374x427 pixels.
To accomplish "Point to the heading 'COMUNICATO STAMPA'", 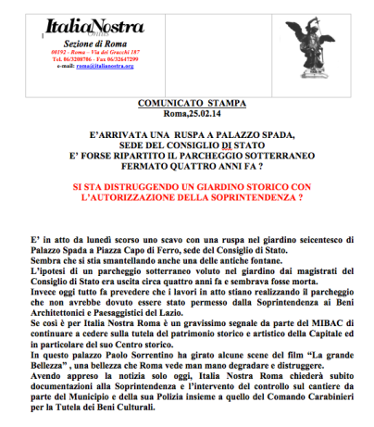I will click(187, 97).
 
